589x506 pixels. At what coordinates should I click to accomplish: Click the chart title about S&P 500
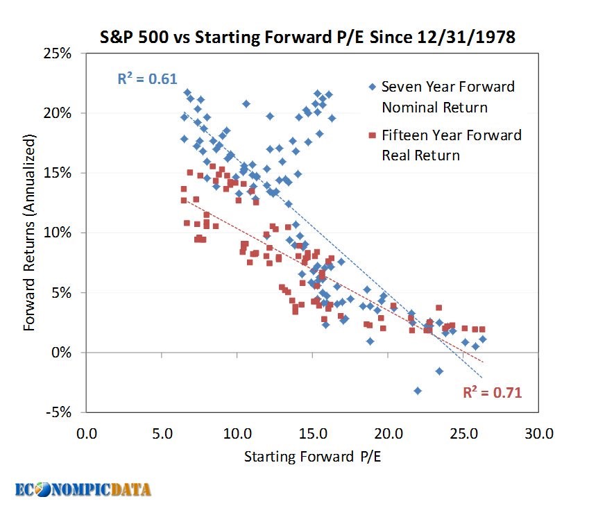303,37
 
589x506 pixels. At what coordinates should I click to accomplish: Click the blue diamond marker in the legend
371,87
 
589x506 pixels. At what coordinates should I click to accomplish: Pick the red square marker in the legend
371,135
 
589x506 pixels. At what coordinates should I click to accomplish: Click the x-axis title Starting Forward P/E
313,457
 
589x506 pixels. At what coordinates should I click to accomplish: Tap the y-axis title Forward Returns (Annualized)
30,233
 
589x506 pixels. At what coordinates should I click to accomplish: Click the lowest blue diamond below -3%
418,391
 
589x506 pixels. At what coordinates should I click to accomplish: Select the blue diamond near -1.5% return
439,371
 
